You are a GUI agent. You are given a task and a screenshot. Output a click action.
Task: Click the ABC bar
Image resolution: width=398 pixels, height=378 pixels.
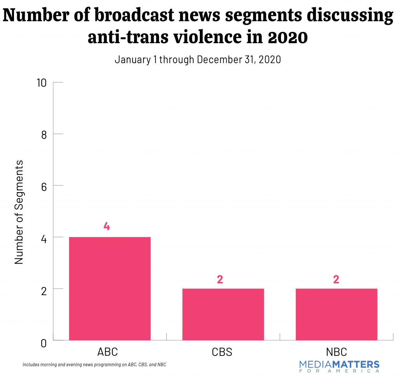pyautogui.click(x=110, y=288)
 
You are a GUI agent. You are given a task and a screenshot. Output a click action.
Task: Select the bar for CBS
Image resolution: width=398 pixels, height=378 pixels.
pyautogui.click(x=223, y=314)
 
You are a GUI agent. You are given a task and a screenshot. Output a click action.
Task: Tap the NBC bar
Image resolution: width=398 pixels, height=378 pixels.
pyautogui.click(x=336, y=314)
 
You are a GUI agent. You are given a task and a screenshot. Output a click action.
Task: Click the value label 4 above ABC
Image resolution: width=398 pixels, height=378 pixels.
pyautogui.click(x=106, y=227)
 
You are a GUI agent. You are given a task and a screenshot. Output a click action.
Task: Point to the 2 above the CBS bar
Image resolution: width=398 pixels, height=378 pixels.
pyautogui.click(x=220, y=279)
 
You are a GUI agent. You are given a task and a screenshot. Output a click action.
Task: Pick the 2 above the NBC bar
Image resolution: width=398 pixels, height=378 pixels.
pyautogui.click(x=336, y=279)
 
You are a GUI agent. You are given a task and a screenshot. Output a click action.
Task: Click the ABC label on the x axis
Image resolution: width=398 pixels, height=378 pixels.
pyautogui.click(x=107, y=352)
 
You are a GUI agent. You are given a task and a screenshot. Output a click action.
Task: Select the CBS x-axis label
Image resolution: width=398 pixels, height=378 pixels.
pyautogui.click(x=222, y=352)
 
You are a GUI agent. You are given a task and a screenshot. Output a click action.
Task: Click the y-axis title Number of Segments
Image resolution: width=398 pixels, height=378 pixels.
pyautogui.click(x=19, y=212)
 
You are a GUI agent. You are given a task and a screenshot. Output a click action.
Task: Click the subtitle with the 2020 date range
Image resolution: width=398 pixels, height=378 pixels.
pyautogui.click(x=197, y=60)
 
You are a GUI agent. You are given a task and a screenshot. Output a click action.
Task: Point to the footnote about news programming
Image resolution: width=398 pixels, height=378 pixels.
pyautogui.click(x=94, y=365)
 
